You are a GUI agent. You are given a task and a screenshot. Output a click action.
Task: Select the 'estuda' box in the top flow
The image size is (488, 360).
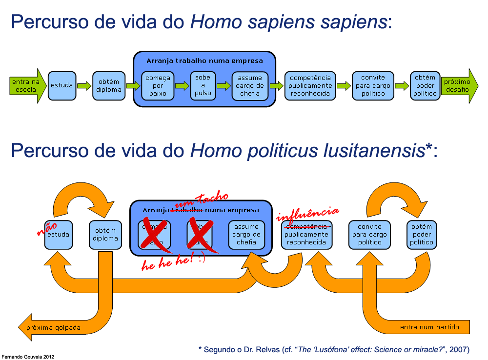point(62,86)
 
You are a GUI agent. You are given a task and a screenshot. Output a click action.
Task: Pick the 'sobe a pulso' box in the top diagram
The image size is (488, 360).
point(203,86)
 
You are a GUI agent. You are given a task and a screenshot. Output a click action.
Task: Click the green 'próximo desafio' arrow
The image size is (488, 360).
point(458,86)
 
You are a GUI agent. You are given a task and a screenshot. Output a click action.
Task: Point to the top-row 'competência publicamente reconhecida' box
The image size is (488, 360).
point(310,86)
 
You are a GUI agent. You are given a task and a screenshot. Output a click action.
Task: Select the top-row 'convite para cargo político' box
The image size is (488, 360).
point(373,86)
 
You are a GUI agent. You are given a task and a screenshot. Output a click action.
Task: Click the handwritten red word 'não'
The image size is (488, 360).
point(47,228)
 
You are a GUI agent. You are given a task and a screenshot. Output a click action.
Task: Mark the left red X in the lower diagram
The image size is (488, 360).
point(156,235)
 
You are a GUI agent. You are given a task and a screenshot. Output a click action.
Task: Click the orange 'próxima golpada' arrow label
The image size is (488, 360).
point(54,327)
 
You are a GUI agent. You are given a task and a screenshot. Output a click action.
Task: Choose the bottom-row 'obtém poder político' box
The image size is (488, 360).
point(422,235)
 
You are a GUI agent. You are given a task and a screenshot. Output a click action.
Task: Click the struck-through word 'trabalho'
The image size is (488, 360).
point(186,210)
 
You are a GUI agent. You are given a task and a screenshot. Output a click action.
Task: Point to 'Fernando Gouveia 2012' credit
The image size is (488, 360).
point(27,357)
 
